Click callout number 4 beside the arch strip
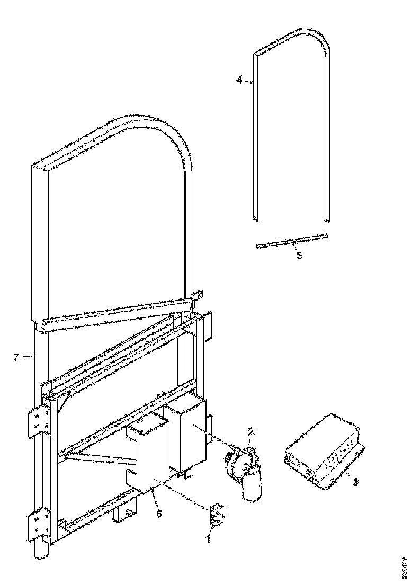pyautogui.click(x=239, y=81)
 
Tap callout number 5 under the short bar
pyautogui.click(x=299, y=255)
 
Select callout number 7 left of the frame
pyautogui.click(x=16, y=358)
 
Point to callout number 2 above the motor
pyautogui.click(x=252, y=432)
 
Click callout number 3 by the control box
pyautogui.click(x=355, y=483)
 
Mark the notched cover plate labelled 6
pyautogui.click(x=148, y=456)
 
